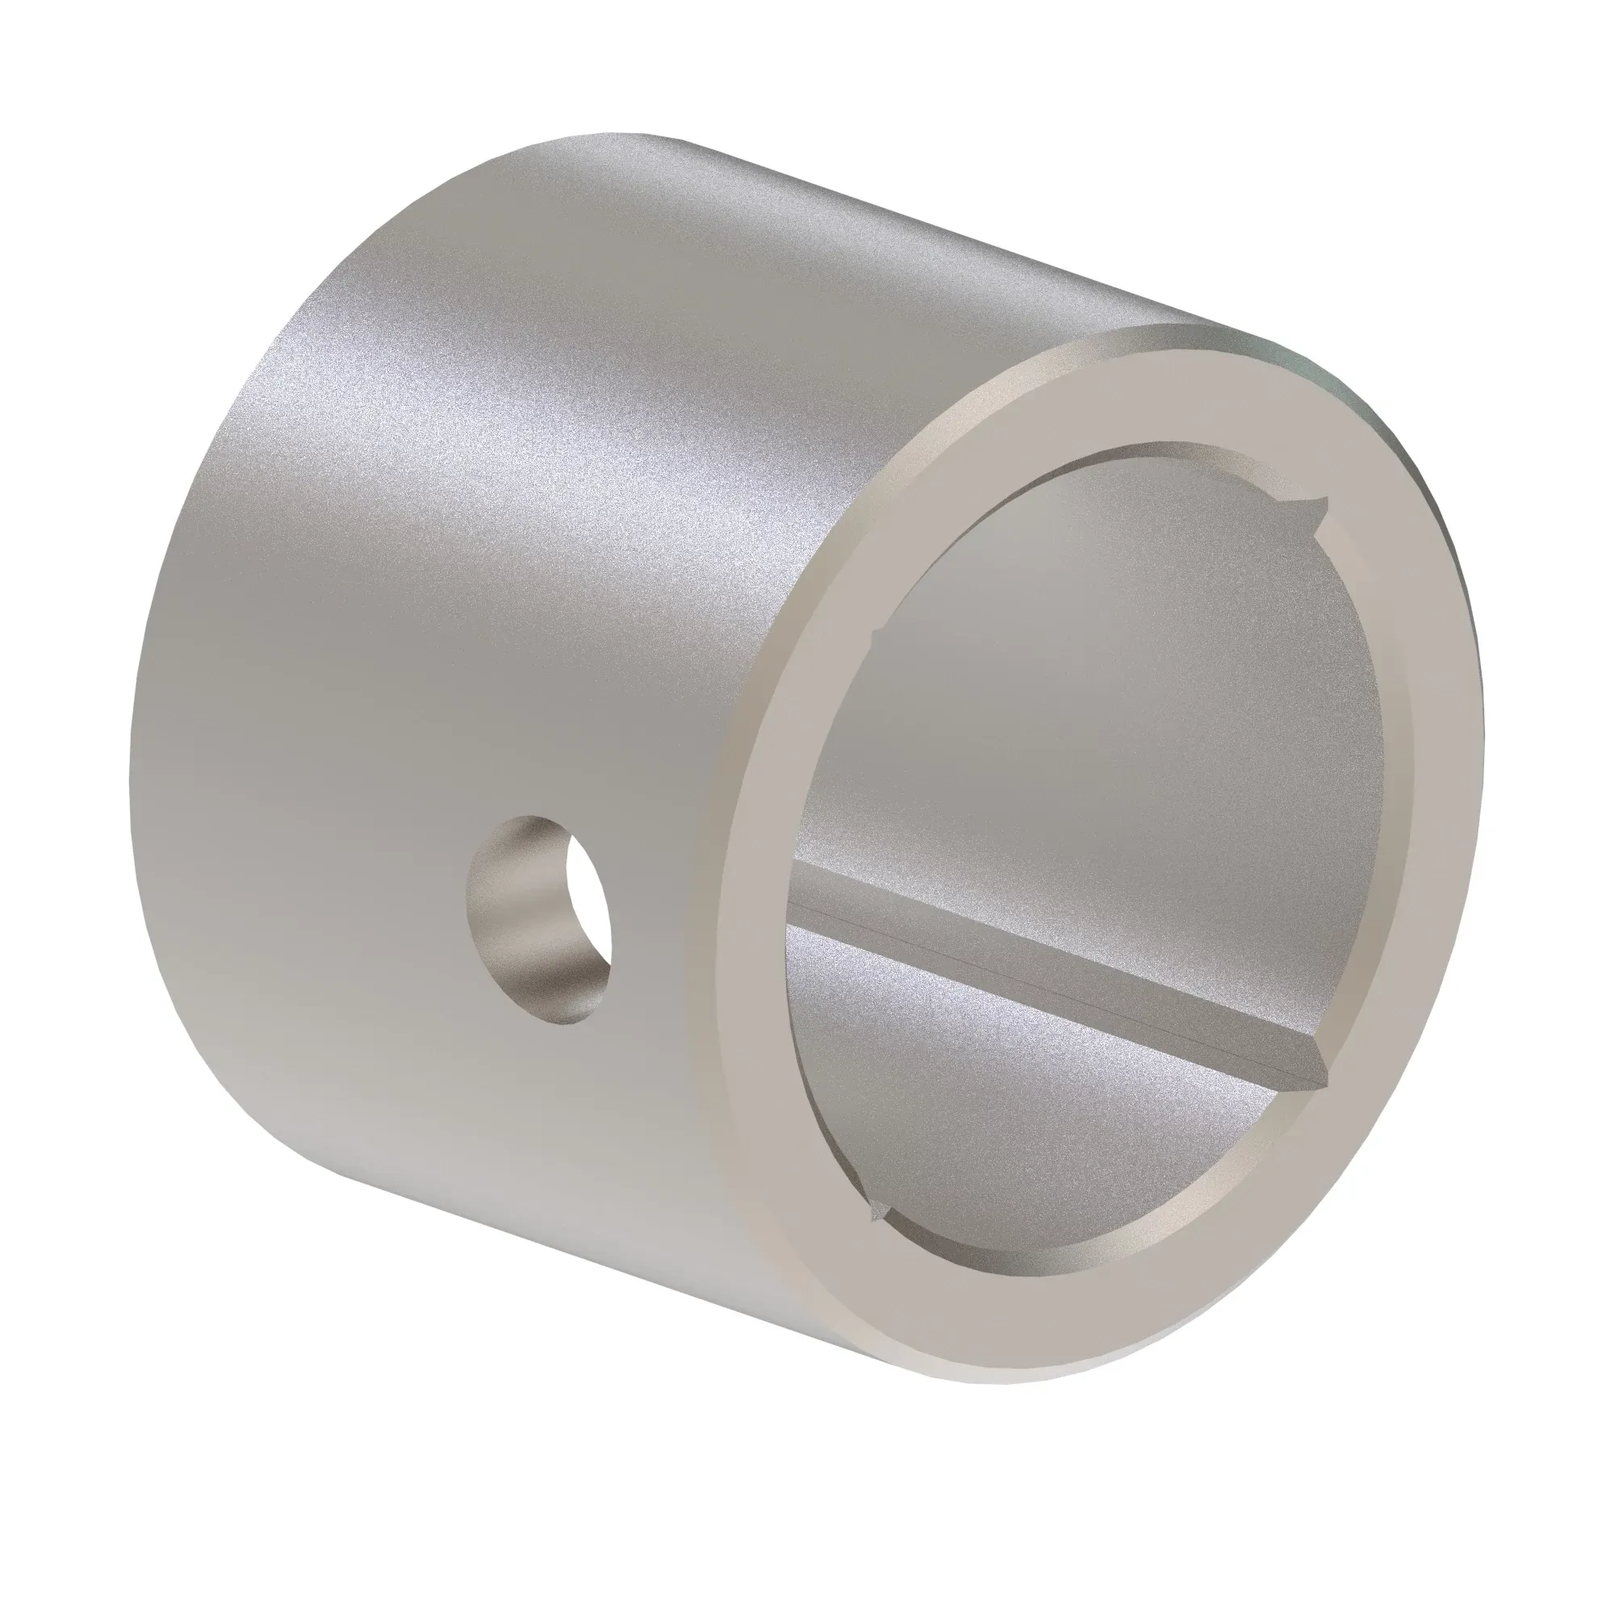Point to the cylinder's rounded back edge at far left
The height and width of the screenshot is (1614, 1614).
point(146,752)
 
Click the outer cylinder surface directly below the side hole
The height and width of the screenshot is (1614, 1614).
point(543,1128)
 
